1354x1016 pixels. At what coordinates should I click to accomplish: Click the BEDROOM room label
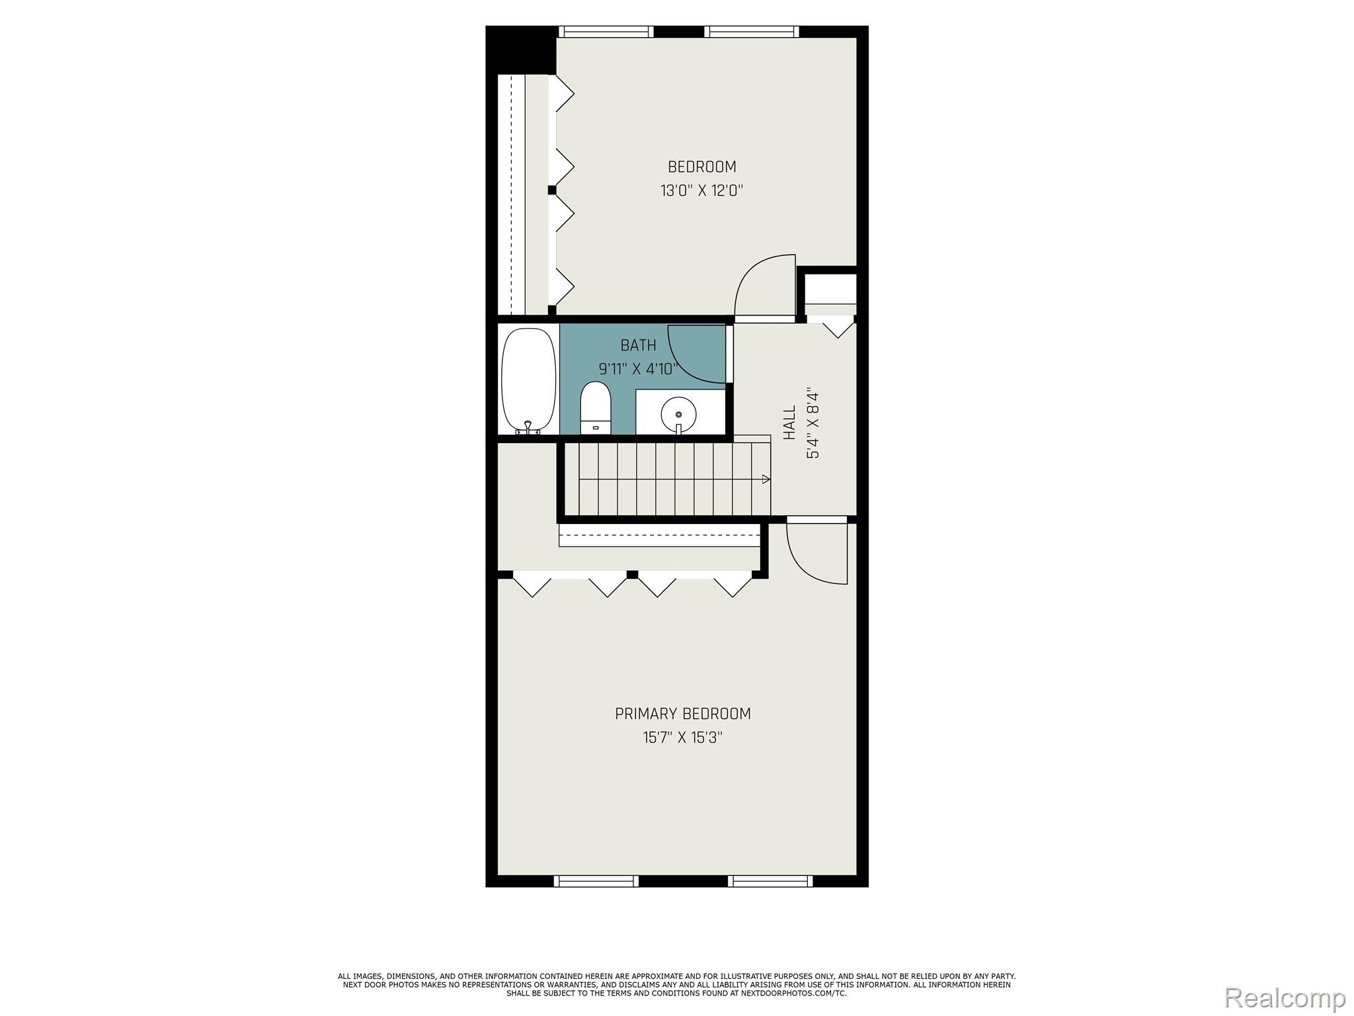(701, 167)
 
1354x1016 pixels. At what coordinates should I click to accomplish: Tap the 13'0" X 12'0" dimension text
(701, 191)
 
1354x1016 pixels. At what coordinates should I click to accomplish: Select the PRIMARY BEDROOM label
(682, 714)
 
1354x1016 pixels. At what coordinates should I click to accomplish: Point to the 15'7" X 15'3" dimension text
(682, 738)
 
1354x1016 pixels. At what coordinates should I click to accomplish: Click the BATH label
(638, 345)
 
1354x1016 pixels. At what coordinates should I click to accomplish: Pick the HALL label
(789, 423)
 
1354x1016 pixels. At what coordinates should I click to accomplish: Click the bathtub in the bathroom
(528, 382)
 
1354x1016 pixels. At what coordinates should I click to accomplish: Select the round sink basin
(678, 414)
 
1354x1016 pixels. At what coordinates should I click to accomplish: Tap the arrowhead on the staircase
(766, 479)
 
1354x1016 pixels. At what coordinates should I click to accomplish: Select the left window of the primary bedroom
(596, 880)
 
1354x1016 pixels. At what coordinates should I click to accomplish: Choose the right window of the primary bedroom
(770, 880)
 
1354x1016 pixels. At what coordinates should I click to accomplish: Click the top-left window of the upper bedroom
(606, 32)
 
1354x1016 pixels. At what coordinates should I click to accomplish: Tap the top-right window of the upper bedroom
(751, 32)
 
